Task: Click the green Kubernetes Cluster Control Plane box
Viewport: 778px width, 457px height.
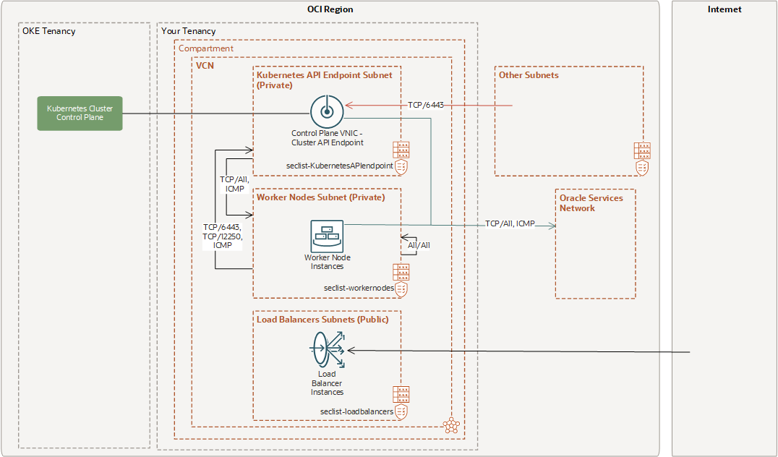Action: pyautogui.click(x=80, y=114)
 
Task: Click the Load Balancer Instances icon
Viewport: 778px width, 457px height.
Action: pyautogui.click(x=327, y=350)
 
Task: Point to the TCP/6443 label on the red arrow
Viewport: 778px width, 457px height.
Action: pyautogui.click(x=425, y=106)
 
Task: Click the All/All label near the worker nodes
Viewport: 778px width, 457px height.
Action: pyautogui.click(x=419, y=245)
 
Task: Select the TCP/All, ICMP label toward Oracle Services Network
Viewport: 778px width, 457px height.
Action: pyautogui.click(x=510, y=223)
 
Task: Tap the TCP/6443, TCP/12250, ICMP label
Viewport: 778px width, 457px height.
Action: pyautogui.click(x=223, y=236)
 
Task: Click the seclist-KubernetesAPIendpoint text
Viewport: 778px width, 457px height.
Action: pyautogui.click(x=340, y=166)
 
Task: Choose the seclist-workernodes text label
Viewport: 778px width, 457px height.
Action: pyautogui.click(x=359, y=287)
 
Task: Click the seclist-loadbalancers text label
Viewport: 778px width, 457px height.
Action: pyautogui.click(x=356, y=411)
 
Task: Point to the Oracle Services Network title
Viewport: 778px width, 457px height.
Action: pyautogui.click(x=591, y=202)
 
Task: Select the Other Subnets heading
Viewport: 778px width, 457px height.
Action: pyautogui.click(x=529, y=74)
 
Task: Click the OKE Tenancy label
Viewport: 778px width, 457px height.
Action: pyautogui.click(x=49, y=31)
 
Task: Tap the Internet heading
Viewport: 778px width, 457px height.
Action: pyautogui.click(x=724, y=9)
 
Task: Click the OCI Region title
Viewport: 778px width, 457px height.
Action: pyautogui.click(x=330, y=9)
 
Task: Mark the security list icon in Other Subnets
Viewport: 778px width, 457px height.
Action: pyautogui.click(x=642, y=158)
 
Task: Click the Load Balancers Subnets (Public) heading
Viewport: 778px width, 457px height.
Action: pyautogui.click(x=322, y=319)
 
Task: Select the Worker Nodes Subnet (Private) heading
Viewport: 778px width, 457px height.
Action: pyautogui.click(x=320, y=197)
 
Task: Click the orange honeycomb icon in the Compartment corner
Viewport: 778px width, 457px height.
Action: pyautogui.click(x=452, y=425)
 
